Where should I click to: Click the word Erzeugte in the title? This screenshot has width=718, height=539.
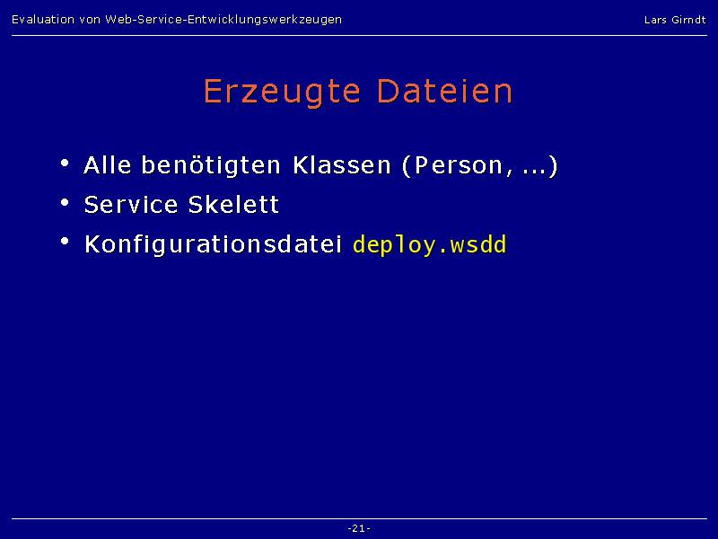pyautogui.click(x=282, y=93)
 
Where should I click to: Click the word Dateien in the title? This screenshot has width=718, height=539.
pyautogui.click(x=444, y=92)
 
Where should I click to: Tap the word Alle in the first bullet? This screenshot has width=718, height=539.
pyautogui.click(x=108, y=165)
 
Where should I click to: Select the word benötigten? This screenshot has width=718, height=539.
pyautogui.click(x=211, y=166)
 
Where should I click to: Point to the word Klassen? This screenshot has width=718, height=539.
pyautogui.click(x=342, y=165)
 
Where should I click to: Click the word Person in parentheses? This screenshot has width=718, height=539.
pyautogui.click(x=459, y=165)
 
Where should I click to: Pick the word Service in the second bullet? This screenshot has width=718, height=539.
pyautogui.click(x=131, y=205)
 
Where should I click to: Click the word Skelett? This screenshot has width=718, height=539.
pyautogui.click(x=233, y=205)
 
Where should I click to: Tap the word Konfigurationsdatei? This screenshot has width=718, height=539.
pyautogui.click(x=214, y=244)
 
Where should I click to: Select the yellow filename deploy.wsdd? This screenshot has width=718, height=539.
pyautogui.click(x=430, y=244)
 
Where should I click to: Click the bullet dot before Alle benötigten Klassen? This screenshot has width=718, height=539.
pyautogui.click(x=65, y=163)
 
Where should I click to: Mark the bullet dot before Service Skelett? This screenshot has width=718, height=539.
pyautogui.click(x=65, y=202)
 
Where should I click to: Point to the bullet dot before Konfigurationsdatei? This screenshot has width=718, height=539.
pyautogui.click(x=65, y=241)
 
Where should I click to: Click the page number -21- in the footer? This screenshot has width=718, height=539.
pyautogui.click(x=359, y=528)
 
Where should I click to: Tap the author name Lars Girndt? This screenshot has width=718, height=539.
pyautogui.click(x=675, y=20)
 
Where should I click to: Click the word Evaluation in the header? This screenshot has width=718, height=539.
pyautogui.click(x=43, y=19)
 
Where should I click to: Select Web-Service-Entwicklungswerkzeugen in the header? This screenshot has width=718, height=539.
pyautogui.click(x=223, y=20)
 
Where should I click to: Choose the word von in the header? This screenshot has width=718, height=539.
pyautogui.click(x=90, y=20)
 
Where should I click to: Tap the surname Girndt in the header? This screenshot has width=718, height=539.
pyautogui.click(x=688, y=20)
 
